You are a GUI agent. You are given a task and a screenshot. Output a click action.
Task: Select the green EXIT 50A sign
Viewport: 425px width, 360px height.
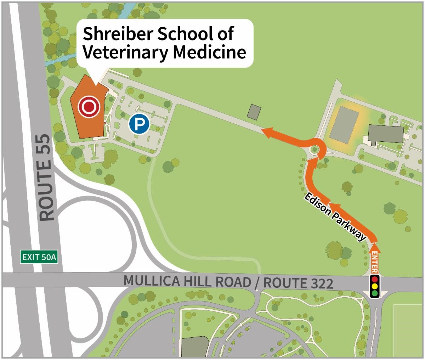pos(39,257)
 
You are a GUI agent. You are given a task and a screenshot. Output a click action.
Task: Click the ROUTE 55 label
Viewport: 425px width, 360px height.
pos(47,177)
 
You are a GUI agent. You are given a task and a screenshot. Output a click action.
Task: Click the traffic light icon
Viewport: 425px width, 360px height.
pos(374,286)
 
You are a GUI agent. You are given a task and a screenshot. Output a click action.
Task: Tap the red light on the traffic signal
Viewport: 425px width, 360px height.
pos(374,279)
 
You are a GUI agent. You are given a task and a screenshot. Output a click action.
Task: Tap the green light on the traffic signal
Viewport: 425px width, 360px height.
pos(374,293)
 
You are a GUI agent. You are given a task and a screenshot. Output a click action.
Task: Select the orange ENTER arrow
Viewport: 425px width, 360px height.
pos(374,257)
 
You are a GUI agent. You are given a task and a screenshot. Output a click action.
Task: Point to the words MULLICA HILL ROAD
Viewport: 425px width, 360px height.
pos(186,281)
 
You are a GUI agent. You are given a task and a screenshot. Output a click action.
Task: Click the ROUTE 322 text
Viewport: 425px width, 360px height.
pos(298,283)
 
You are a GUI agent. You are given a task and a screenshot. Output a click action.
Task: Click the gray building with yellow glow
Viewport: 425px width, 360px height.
pos(344,124)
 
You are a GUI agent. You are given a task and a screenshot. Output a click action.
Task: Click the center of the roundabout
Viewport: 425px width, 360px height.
pos(314,150)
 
